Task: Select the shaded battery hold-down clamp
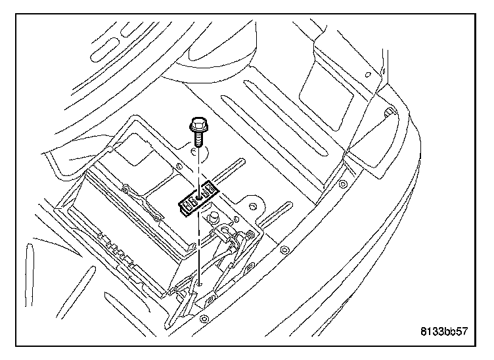[x=197, y=196]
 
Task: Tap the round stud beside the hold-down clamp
[x=213, y=216]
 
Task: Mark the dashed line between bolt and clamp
[x=196, y=168]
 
